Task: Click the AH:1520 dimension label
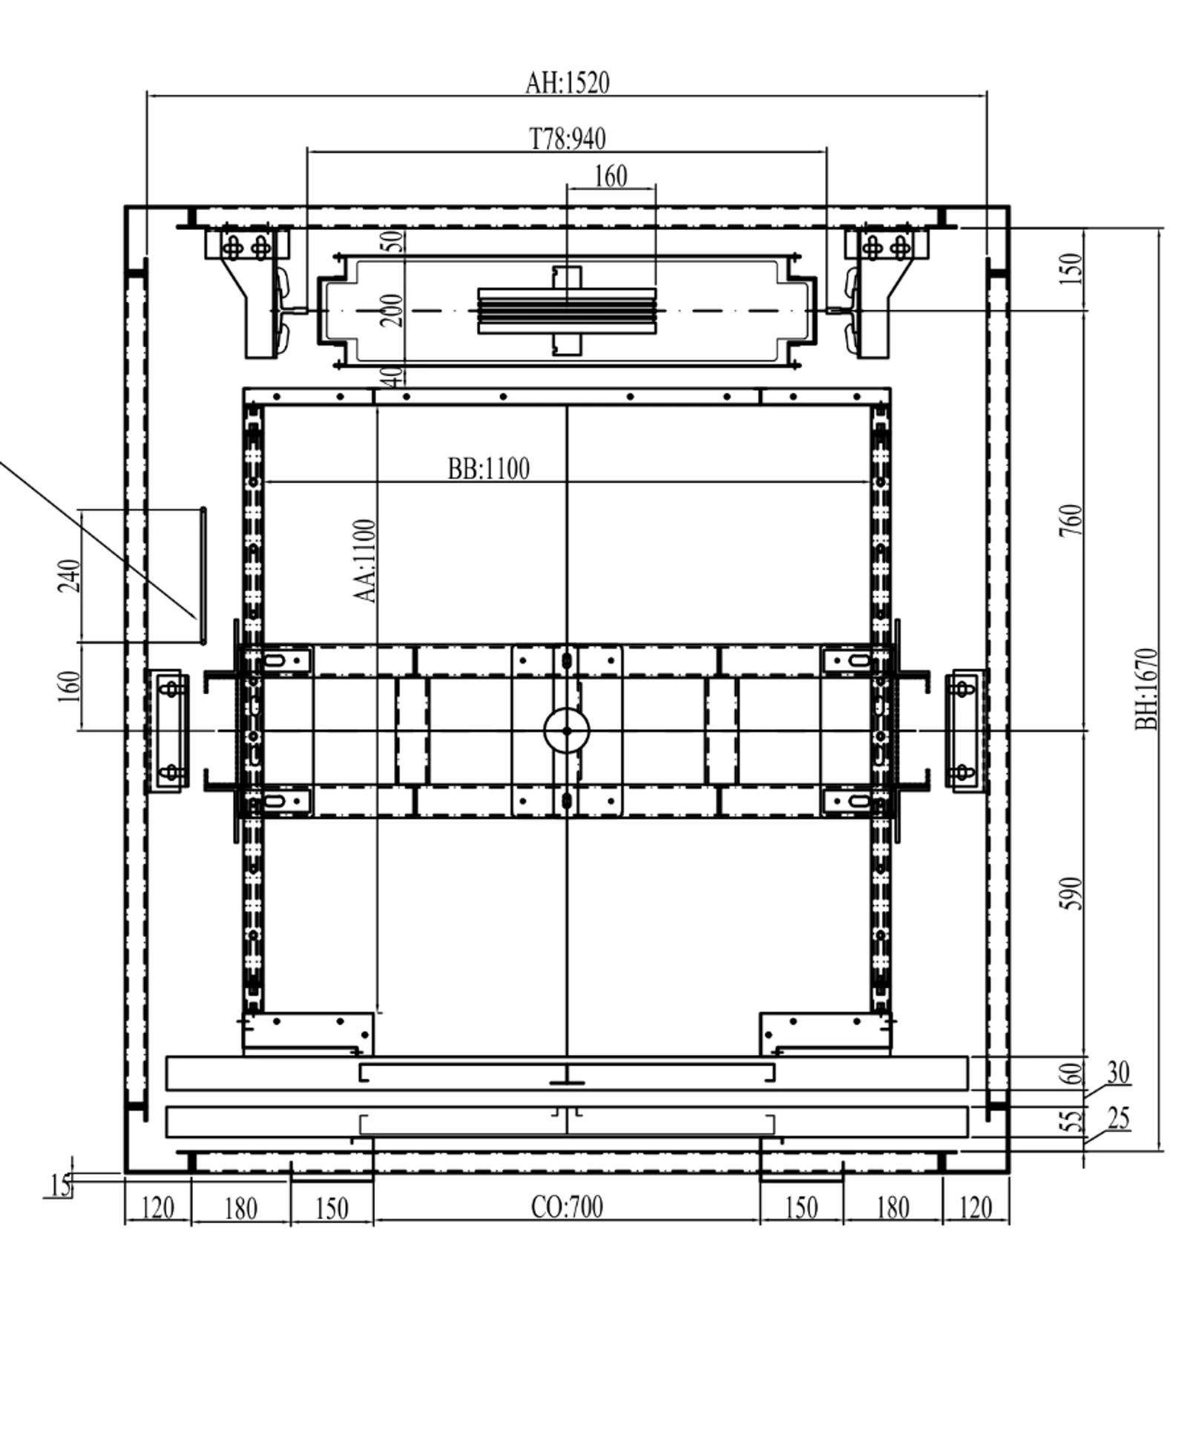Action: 567,82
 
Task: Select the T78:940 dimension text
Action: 567,139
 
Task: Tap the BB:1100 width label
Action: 488,469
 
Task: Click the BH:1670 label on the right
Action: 1146,688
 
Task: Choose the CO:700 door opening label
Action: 567,1207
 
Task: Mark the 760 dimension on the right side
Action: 1071,521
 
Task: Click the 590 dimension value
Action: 1071,893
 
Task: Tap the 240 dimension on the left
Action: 69,576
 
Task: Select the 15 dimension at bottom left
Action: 61,1185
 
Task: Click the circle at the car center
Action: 567,731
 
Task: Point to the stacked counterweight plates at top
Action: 567,311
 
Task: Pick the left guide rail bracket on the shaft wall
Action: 170,731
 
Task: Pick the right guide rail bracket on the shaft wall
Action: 964,731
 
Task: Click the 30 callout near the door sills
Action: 1119,1073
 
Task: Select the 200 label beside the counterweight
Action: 391,311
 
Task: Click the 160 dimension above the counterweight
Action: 611,177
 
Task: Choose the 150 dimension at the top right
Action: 1071,269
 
